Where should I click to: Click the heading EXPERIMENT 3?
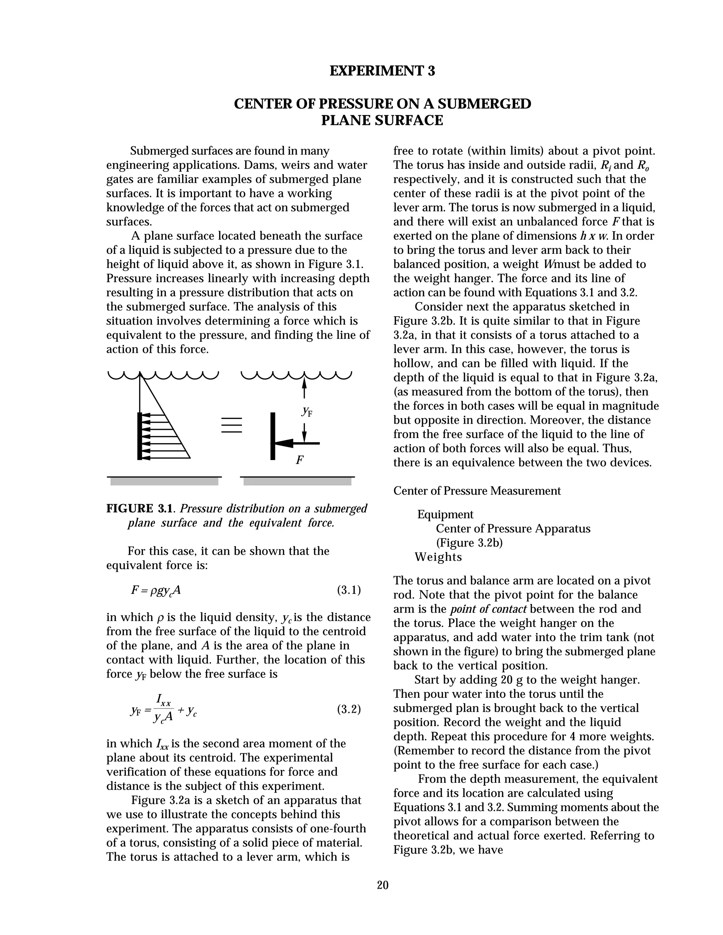[x=382, y=71]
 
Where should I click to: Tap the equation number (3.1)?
[x=349, y=590]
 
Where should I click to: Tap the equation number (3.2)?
[x=349, y=710]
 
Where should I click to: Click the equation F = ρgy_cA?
[x=156, y=590]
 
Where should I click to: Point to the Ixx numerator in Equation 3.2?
[x=163, y=700]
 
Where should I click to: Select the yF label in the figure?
[x=307, y=411]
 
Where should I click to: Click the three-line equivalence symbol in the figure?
[x=232, y=425]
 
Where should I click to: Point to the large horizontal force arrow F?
[x=295, y=443]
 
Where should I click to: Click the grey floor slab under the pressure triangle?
[x=164, y=482]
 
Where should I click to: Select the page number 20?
[x=382, y=885]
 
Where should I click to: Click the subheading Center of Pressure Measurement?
[x=477, y=491]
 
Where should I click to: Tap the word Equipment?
[x=445, y=514]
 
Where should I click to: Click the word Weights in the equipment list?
[x=438, y=557]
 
